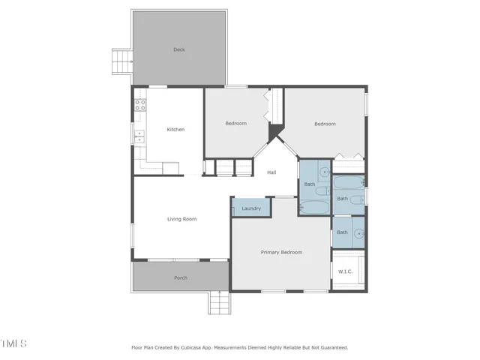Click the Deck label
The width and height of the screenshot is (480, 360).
click(x=179, y=49)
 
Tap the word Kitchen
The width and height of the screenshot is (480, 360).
click(x=175, y=129)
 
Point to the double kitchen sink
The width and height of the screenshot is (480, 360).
click(x=139, y=136)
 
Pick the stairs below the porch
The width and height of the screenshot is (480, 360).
click(x=218, y=303)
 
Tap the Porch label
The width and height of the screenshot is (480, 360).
click(x=181, y=277)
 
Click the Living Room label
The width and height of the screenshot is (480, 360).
click(x=181, y=219)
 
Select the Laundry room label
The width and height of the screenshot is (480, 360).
click(x=251, y=208)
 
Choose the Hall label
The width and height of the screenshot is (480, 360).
click(x=271, y=172)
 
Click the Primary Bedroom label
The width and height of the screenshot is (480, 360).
click(x=281, y=252)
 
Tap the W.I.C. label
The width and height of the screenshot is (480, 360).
click(x=346, y=271)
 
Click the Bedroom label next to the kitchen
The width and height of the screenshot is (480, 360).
click(x=236, y=123)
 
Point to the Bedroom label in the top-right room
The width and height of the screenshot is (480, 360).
click(x=325, y=124)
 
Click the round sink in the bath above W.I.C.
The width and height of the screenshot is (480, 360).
click(x=359, y=232)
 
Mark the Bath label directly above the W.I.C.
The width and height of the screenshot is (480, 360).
click(x=342, y=232)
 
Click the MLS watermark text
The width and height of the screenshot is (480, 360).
click(x=14, y=343)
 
